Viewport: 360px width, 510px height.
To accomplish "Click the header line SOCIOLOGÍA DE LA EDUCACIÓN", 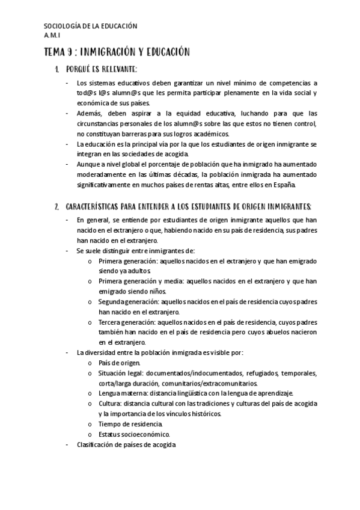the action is pos(91,26).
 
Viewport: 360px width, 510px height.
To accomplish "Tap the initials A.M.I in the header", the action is pos(53,35).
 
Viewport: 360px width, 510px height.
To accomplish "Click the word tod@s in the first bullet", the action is pos(86,93).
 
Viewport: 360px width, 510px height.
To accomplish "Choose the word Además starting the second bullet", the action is pos(88,112).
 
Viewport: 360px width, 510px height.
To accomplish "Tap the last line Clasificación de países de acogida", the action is pos(126,444).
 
